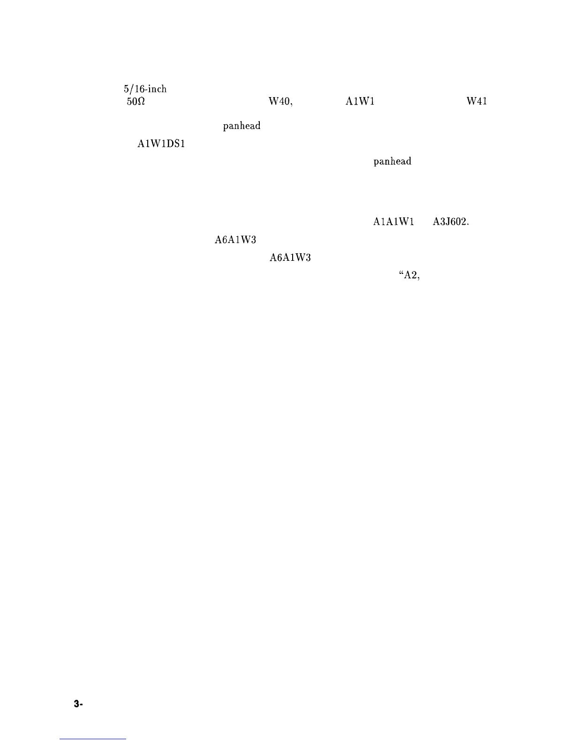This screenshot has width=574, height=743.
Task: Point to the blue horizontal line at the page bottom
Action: point(93,739)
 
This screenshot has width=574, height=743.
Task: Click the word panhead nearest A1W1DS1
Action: point(242,126)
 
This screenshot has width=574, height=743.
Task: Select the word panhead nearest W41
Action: point(393,161)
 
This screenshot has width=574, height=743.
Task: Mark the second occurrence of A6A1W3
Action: point(290,258)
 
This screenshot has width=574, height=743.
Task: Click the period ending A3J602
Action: point(468,224)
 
